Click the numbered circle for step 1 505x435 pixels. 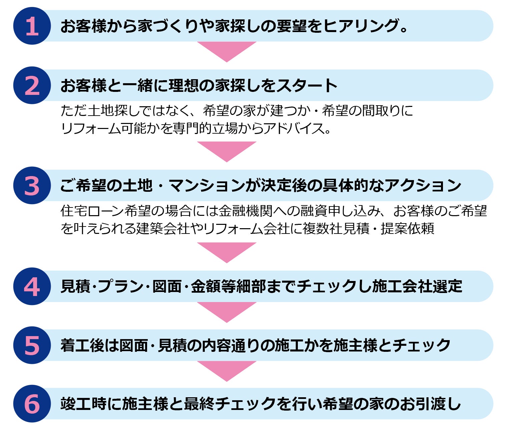[32, 26]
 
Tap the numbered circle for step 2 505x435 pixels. [32, 86]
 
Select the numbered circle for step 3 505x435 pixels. [32, 185]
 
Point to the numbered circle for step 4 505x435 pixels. [32, 286]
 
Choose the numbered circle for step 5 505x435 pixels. [32, 345]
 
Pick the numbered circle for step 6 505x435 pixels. [32, 404]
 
